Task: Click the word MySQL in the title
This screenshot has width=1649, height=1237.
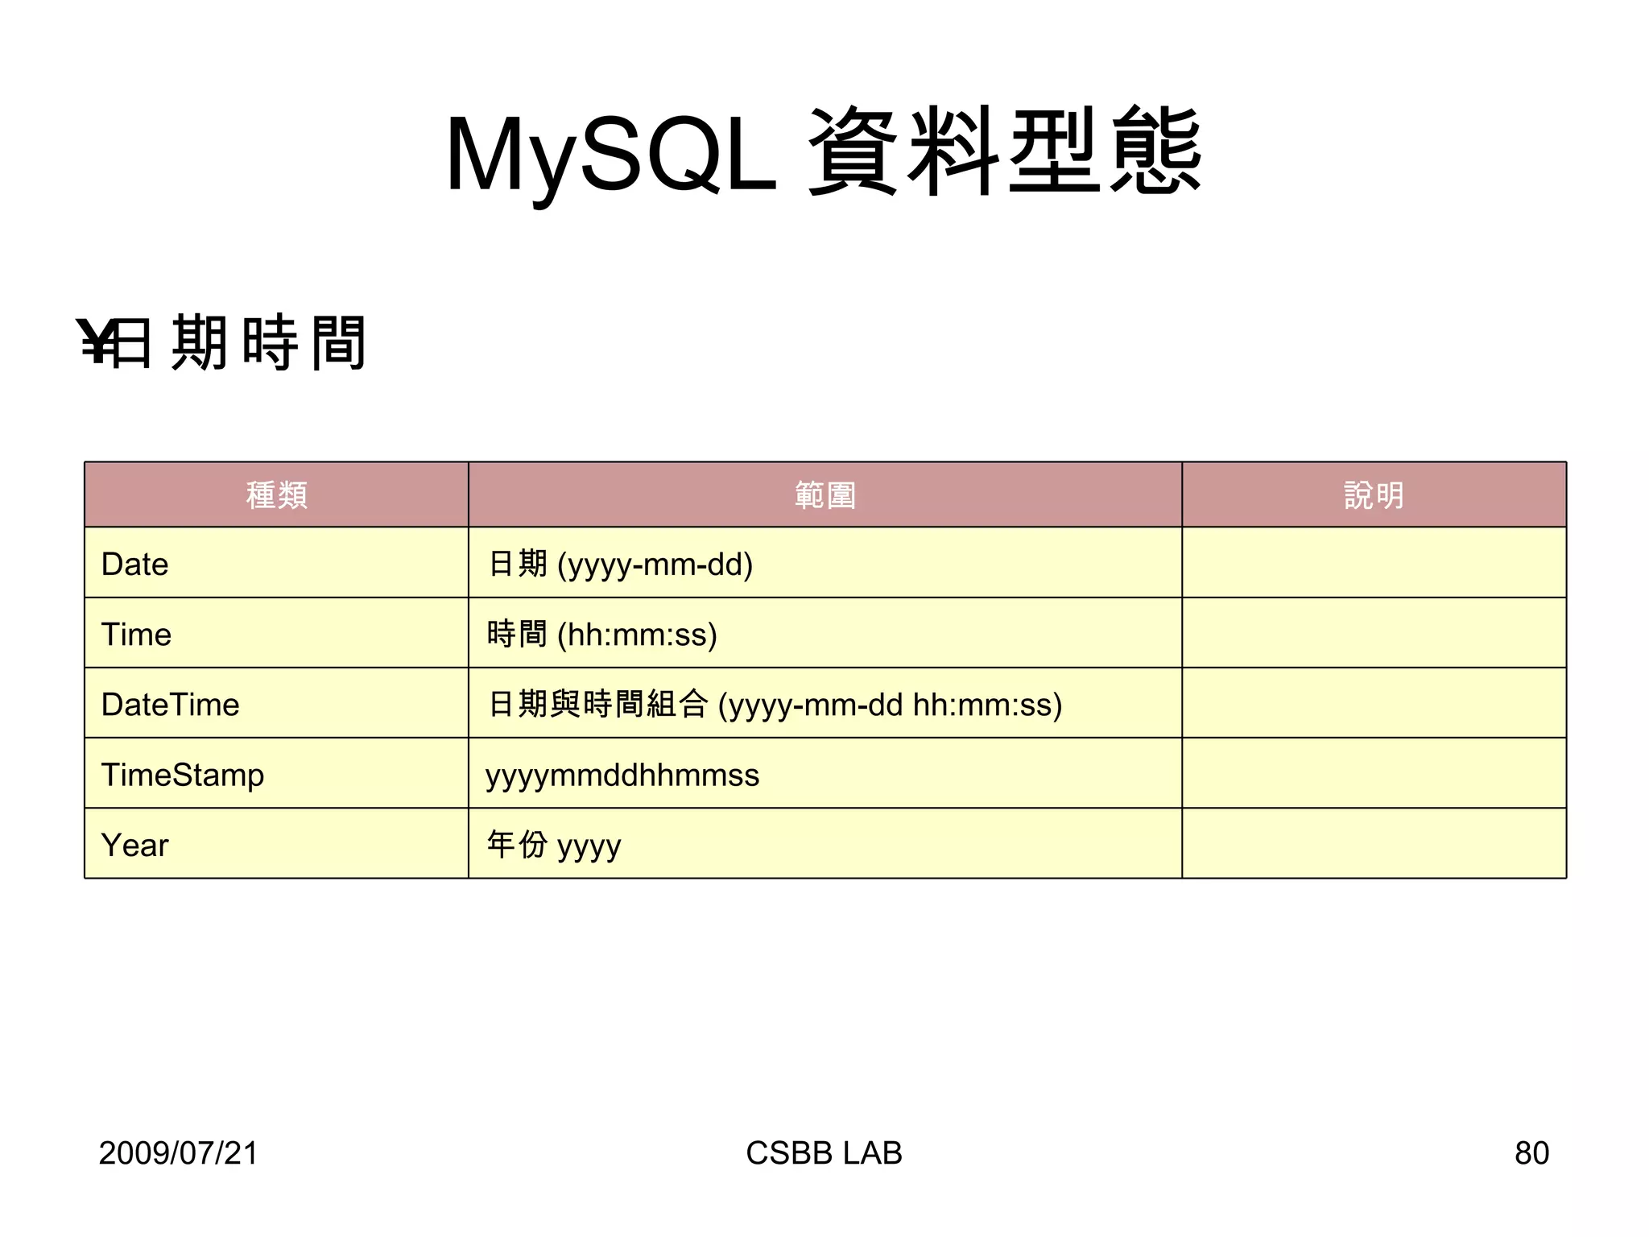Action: point(610,155)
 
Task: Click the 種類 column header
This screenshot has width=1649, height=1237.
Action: point(276,494)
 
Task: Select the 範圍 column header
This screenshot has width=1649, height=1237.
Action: point(824,494)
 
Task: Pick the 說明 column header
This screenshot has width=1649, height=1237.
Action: point(1374,494)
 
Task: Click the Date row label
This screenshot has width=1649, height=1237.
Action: point(134,564)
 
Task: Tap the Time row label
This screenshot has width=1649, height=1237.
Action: point(136,634)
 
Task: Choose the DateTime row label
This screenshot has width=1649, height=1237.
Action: point(170,704)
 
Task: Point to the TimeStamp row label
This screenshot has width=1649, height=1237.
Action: point(182,775)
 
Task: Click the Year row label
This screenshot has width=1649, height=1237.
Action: point(134,845)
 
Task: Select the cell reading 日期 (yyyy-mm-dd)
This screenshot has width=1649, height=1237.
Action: point(620,564)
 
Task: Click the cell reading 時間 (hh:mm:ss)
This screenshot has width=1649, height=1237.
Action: point(601,634)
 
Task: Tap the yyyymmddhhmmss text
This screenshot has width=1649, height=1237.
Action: point(622,775)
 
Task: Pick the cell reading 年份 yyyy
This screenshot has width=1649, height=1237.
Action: point(553,845)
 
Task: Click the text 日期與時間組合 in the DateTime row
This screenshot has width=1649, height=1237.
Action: point(597,704)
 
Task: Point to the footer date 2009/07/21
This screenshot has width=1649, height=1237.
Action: point(178,1152)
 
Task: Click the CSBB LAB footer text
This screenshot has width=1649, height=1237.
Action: point(824,1152)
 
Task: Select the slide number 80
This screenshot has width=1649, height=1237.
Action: point(1531,1152)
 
